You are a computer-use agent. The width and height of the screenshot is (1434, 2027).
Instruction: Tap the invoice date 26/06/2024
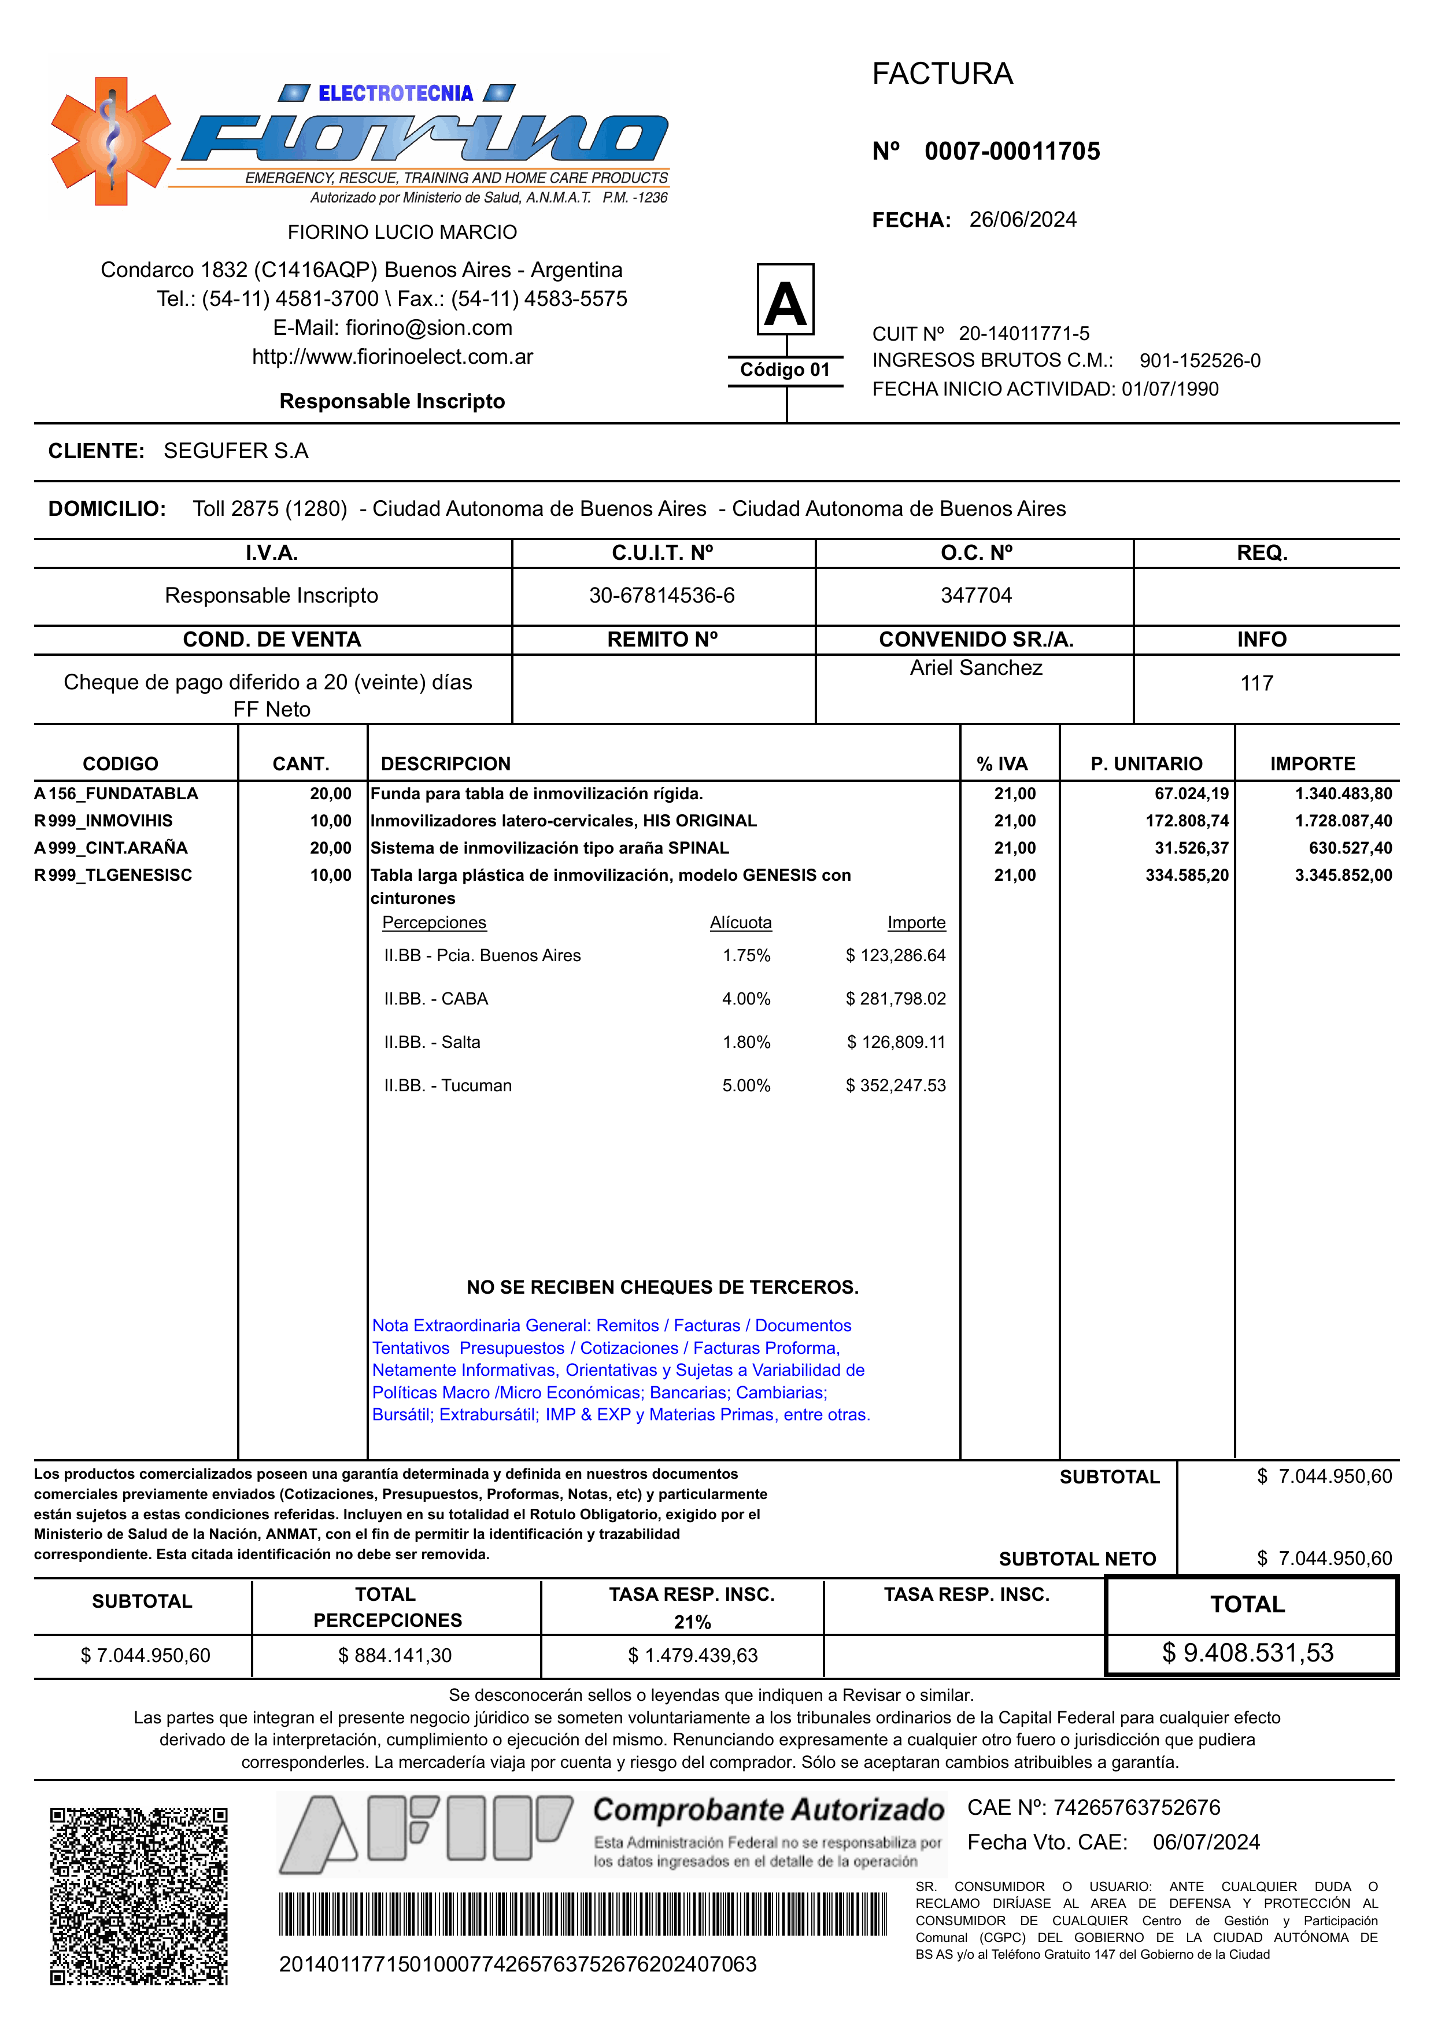coord(1022,220)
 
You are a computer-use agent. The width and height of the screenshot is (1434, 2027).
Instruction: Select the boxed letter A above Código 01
coord(785,300)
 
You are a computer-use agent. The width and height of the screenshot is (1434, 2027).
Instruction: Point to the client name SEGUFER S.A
coord(236,451)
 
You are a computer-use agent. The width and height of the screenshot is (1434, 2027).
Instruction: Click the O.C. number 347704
coord(975,595)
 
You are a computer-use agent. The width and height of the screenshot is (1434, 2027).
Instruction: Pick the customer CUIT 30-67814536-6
coord(661,595)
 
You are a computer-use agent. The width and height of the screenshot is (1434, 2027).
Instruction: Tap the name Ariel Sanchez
coord(975,668)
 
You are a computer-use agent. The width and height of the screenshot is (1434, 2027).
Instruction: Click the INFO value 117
coord(1256,683)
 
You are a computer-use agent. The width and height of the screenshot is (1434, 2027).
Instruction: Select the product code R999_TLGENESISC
coord(113,875)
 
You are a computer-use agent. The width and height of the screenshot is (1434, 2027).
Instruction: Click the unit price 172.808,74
coord(1187,821)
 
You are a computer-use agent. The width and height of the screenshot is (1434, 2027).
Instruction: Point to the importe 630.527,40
coord(1350,848)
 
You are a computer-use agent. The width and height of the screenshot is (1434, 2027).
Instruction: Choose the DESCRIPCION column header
coord(445,764)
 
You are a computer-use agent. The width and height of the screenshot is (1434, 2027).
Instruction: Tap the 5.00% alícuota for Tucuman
coord(746,1086)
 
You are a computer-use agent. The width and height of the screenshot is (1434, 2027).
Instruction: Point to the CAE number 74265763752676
coord(1136,1808)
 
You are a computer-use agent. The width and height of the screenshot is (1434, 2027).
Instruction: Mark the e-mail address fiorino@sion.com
coord(428,328)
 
